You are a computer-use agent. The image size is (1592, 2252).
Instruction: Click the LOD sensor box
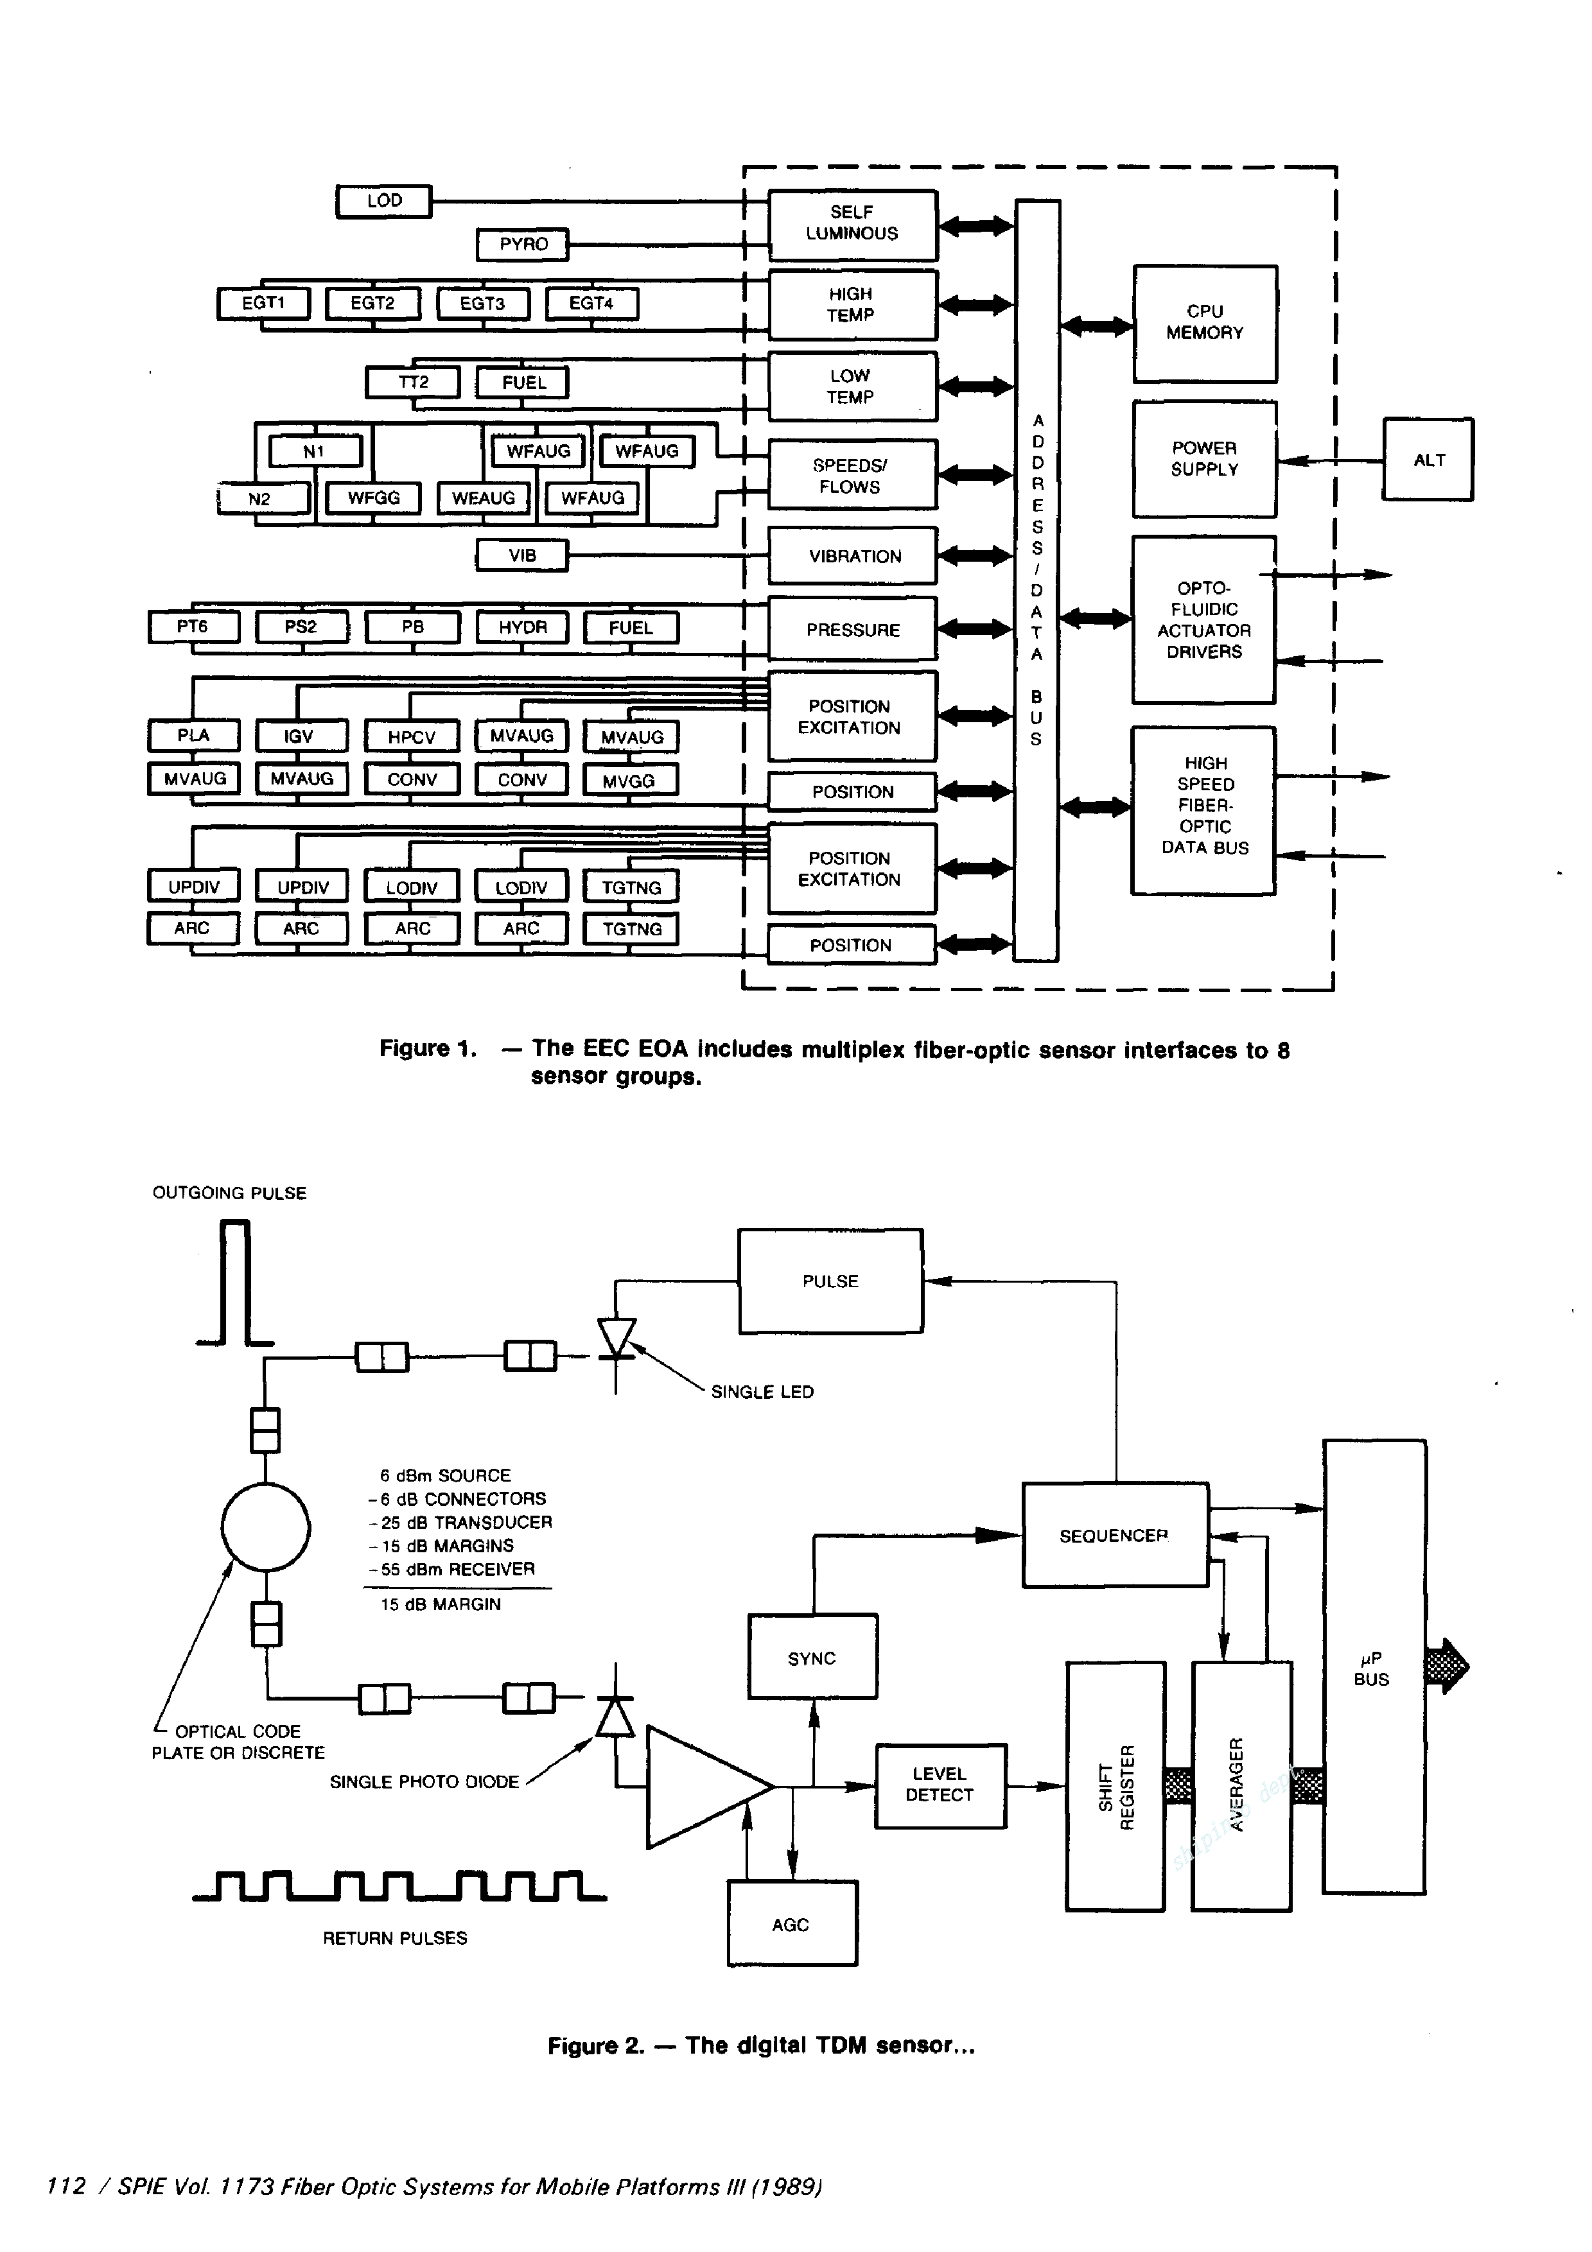383,201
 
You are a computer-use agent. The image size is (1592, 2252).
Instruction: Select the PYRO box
523,244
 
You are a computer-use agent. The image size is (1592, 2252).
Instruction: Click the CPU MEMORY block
1205,323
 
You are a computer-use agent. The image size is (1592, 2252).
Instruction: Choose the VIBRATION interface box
852,556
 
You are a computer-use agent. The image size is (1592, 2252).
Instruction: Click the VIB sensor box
522,556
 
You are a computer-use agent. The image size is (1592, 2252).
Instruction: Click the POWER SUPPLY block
1205,459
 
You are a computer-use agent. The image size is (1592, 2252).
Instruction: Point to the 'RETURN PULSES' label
394,1938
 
